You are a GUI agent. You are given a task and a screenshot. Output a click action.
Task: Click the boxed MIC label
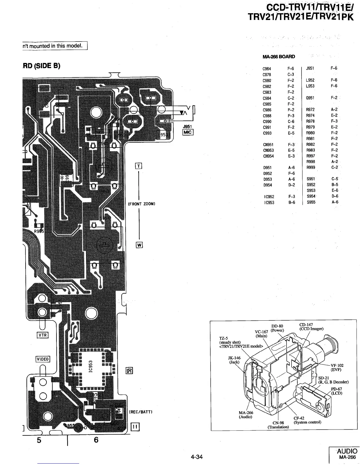(187, 132)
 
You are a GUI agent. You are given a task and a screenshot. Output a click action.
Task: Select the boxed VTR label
(42, 335)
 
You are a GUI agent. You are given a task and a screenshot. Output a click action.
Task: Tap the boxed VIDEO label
(43, 359)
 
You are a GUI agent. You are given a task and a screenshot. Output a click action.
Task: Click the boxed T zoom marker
(138, 166)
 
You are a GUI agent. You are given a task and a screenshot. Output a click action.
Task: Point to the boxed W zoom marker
(139, 245)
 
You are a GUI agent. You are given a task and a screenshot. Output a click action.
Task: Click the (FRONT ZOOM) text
(141, 204)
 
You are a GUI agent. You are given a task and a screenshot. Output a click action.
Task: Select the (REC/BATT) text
(140, 412)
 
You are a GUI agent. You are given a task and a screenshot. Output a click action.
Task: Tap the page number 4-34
(196, 457)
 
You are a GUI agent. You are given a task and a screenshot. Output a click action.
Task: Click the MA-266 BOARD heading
(279, 56)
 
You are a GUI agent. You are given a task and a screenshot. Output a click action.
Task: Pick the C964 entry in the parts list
(267, 69)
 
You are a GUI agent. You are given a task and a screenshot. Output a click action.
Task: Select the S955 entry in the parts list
(311, 202)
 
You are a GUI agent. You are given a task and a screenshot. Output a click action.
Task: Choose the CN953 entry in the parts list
(268, 150)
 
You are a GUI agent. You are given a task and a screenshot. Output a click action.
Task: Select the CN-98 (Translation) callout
(278, 425)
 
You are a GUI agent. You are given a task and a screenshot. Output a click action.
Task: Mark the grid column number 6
(96, 440)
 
